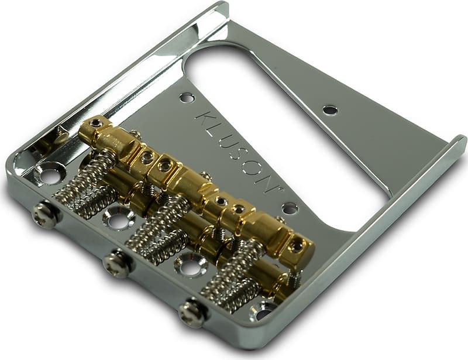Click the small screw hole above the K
tap(187, 97)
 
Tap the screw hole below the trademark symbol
tap(290, 208)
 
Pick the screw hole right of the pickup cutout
tap(330, 109)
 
